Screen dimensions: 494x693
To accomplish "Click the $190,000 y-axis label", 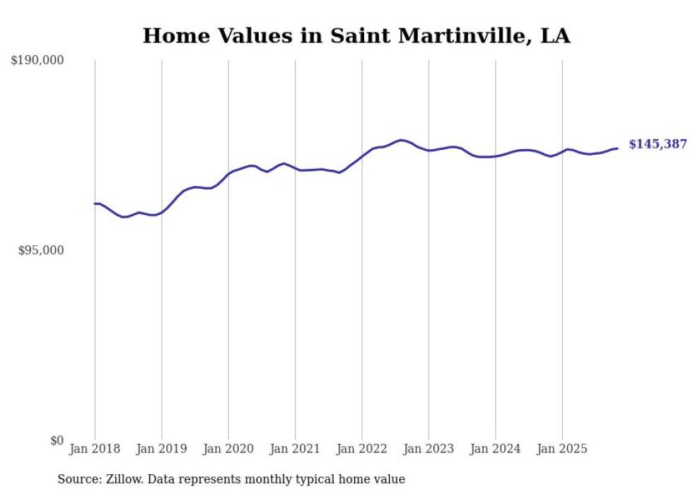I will (37, 61).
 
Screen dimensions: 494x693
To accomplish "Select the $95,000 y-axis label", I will (41, 250).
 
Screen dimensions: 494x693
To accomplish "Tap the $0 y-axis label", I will (57, 440).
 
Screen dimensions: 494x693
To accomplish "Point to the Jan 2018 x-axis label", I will (95, 449).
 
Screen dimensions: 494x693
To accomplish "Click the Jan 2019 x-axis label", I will (162, 449).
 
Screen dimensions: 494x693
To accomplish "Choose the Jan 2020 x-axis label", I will (228, 449).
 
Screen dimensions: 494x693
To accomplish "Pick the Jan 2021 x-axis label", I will (295, 449).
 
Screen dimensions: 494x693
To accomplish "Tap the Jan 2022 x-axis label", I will (362, 449).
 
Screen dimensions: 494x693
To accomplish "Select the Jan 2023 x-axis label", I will (429, 449).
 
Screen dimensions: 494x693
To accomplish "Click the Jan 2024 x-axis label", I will (495, 449).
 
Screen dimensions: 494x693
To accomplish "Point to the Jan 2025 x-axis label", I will (562, 449).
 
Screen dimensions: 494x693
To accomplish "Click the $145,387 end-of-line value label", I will (658, 144).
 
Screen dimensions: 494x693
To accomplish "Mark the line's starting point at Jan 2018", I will (95, 204).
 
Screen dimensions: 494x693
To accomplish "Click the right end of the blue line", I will (617, 148).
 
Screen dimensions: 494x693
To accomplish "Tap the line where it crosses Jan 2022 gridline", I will (362, 155).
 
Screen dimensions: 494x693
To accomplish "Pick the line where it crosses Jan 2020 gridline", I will (228, 173).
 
